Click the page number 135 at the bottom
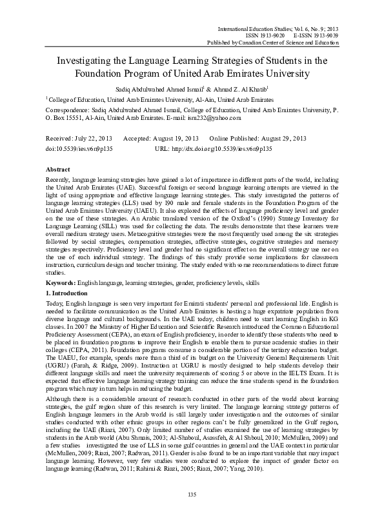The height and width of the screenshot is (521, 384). click(x=192, y=494)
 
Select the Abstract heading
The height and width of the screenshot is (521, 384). click(x=59, y=168)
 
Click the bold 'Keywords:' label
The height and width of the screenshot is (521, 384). click(x=63, y=284)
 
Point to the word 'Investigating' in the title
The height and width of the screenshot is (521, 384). click(x=85, y=61)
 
